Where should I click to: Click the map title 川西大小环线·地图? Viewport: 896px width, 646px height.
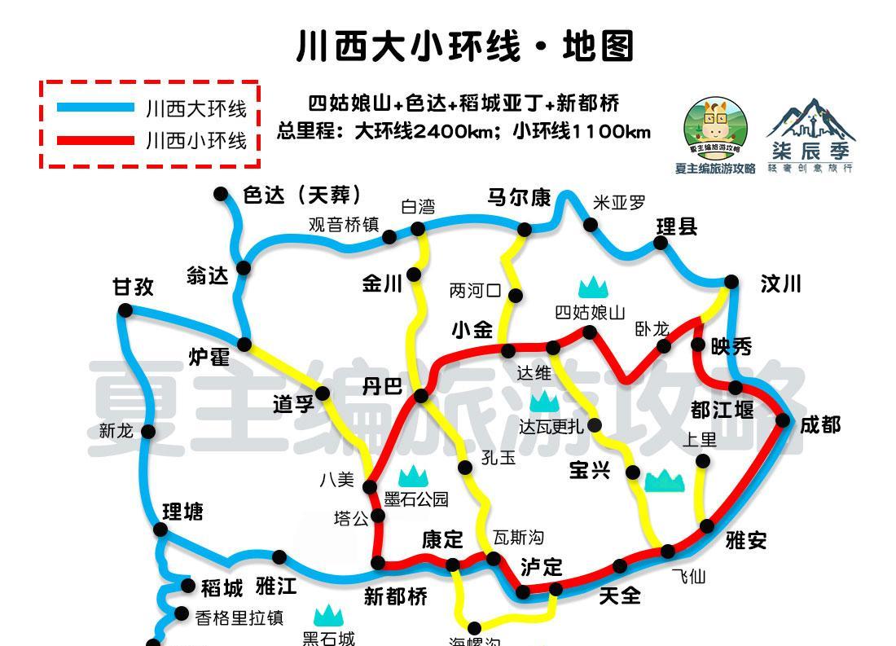464,46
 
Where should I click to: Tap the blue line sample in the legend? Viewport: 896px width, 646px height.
95,108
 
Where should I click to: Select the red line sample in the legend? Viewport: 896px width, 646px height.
95,140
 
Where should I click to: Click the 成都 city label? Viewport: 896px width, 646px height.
819,425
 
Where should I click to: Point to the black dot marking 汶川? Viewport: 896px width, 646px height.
731,282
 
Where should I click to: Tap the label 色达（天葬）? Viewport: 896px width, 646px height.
302,196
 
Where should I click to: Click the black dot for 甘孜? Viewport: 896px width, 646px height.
125,310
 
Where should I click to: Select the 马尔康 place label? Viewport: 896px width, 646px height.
519,198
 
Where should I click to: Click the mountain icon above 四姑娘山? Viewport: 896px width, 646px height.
594,287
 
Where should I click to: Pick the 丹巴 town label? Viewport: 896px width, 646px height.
382,386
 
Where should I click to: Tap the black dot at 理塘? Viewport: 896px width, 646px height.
160,530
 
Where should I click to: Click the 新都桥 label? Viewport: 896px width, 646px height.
395,597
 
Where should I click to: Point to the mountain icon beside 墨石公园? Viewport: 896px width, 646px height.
413,476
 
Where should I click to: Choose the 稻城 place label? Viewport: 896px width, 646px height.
222,587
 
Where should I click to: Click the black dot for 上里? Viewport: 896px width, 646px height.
703,461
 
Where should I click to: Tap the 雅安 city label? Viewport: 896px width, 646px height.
745,540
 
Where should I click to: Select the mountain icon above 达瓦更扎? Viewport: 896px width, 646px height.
544,401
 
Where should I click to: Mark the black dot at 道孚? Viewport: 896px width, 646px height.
323,394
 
